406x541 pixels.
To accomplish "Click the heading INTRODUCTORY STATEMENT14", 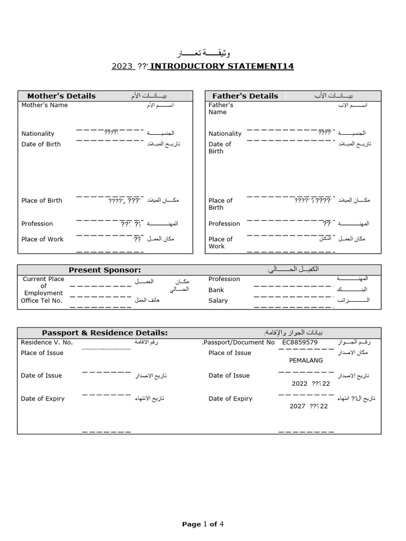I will tap(222, 67).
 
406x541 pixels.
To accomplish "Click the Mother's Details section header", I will tap(61, 96).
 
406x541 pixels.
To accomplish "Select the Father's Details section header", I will tap(245, 96).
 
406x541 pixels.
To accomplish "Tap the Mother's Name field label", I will tap(44, 105).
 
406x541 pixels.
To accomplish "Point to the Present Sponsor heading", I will tap(105, 270).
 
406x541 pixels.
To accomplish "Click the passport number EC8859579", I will tap(300, 342).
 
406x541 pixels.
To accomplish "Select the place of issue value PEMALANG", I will tap(306, 360).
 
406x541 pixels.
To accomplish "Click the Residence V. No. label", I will tap(47, 342).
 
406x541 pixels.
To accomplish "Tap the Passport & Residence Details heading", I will tap(105, 333).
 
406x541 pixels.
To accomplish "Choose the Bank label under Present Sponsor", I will tap(216, 290).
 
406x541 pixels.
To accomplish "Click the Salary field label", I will tap(218, 301).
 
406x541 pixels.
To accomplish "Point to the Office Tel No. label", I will tap(41, 301).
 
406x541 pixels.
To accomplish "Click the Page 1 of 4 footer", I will tap(203, 524).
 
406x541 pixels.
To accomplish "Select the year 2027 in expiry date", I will tap(298, 406).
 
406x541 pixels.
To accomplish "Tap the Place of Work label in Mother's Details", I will tap(42, 239).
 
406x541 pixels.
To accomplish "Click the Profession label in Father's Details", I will tap(224, 224).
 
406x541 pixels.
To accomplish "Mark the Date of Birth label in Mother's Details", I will tap(41, 144).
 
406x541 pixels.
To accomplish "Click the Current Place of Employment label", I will tap(43, 286).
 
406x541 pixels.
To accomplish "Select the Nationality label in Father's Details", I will tap(225, 134).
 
